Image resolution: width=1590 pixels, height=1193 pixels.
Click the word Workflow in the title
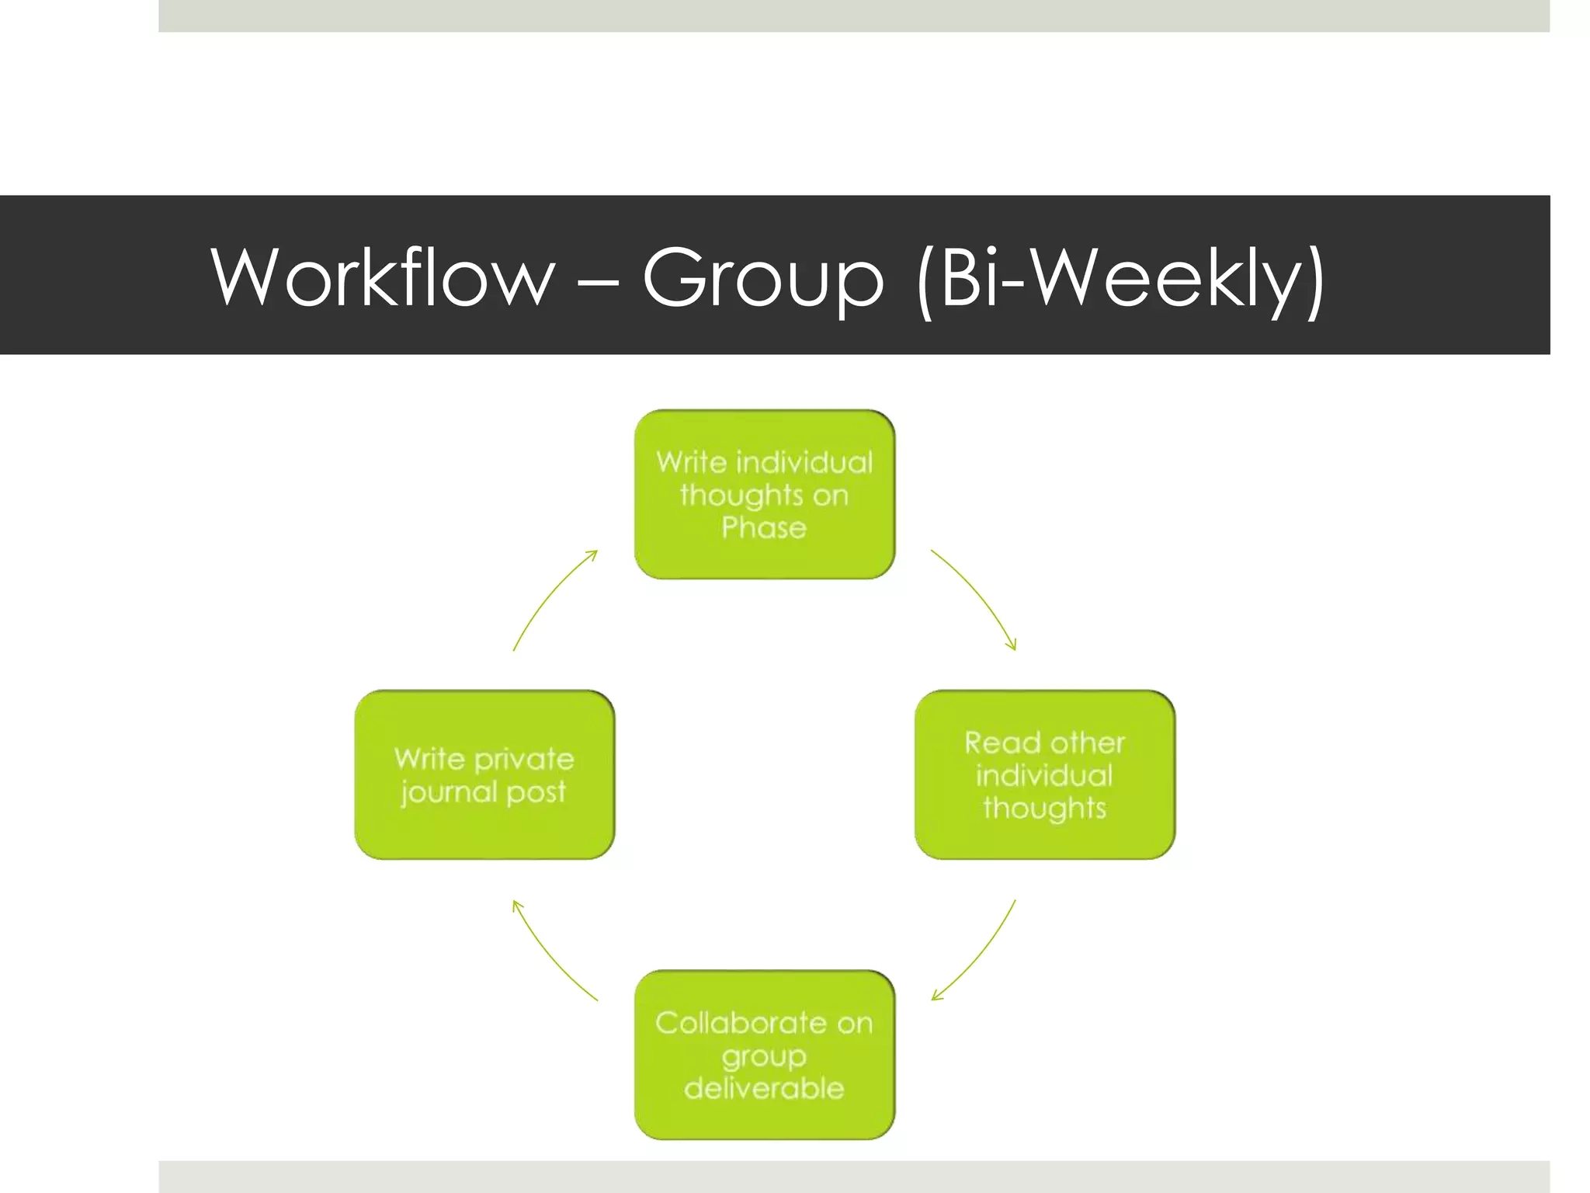[383, 277]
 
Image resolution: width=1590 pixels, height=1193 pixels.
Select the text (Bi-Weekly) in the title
[1120, 280]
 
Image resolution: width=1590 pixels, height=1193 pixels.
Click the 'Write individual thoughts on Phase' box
[764, 495]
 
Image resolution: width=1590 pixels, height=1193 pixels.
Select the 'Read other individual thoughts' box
[1044, 774]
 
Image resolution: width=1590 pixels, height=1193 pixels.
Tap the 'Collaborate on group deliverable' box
[764, 1055]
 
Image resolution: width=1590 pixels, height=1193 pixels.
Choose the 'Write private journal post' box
[484, 774]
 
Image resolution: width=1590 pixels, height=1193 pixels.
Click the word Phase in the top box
[764, 528]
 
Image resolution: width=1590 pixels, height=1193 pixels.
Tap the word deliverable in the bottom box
[764, 1088]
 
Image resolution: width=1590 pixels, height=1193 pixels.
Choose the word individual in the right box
[1044, 775]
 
